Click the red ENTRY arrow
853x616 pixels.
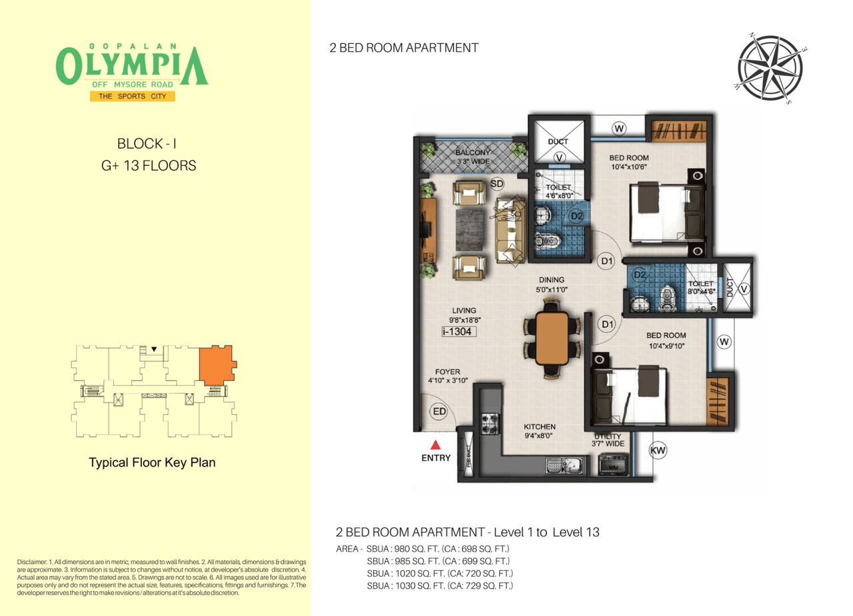(x=434, y=445)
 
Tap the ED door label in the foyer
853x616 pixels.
(x=438, y=411)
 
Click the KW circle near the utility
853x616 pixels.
(x=658, y=451)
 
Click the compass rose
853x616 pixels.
(x=770, y=69)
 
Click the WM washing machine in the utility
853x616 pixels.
(x=612, y=464)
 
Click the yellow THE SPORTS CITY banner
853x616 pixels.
(x=132, y=97)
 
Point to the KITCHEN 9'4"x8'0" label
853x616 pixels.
(x=539, y=431)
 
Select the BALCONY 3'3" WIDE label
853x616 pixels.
(x=473, y=156)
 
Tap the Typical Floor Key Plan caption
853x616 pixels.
(x=152, y=462)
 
